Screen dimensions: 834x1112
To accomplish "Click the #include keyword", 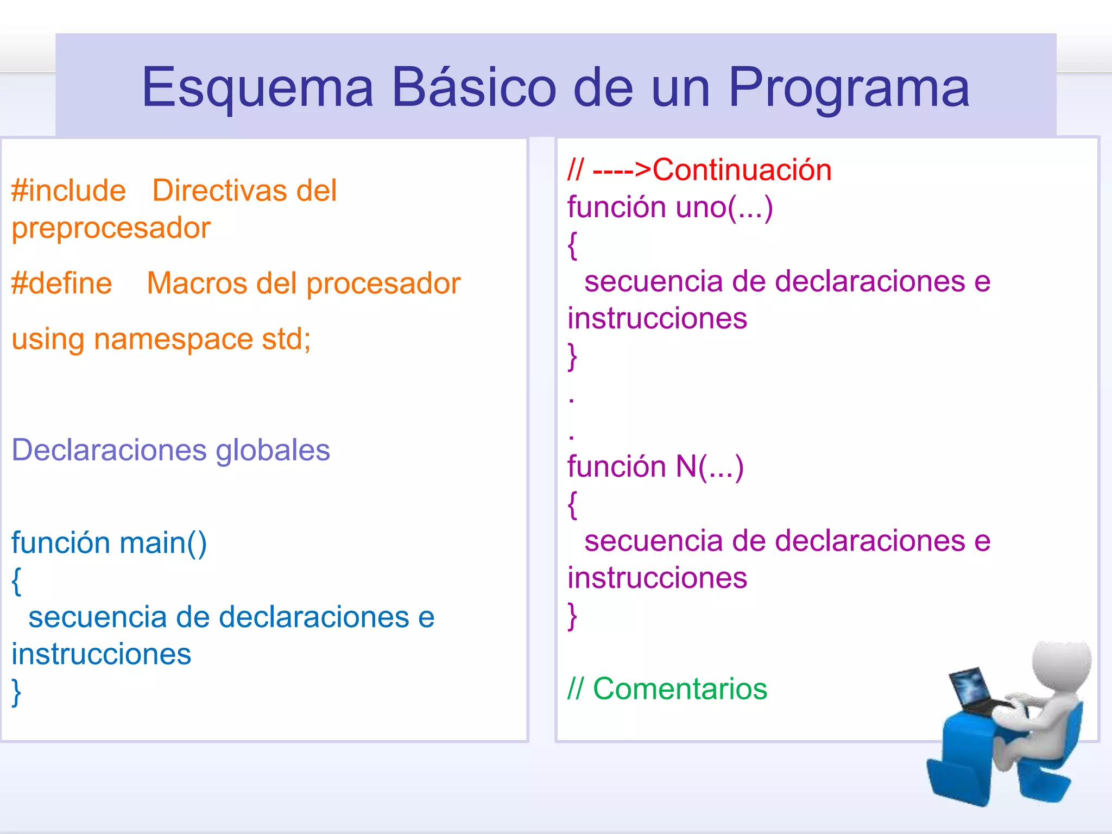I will point(68,191).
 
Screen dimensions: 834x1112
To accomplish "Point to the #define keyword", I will point(62,283).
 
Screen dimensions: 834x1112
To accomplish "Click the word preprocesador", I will point(111,228).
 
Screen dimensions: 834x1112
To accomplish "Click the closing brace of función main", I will point(17,692).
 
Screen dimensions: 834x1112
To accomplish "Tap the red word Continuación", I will point(742,170).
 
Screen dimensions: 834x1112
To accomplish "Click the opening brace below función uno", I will point(572,245).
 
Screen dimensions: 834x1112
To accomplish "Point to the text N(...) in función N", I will point(709,467).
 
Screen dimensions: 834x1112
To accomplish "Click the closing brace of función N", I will point(572,616).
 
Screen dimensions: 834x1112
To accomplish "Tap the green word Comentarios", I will point(680,689).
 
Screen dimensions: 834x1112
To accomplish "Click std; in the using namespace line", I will point(286,339).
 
